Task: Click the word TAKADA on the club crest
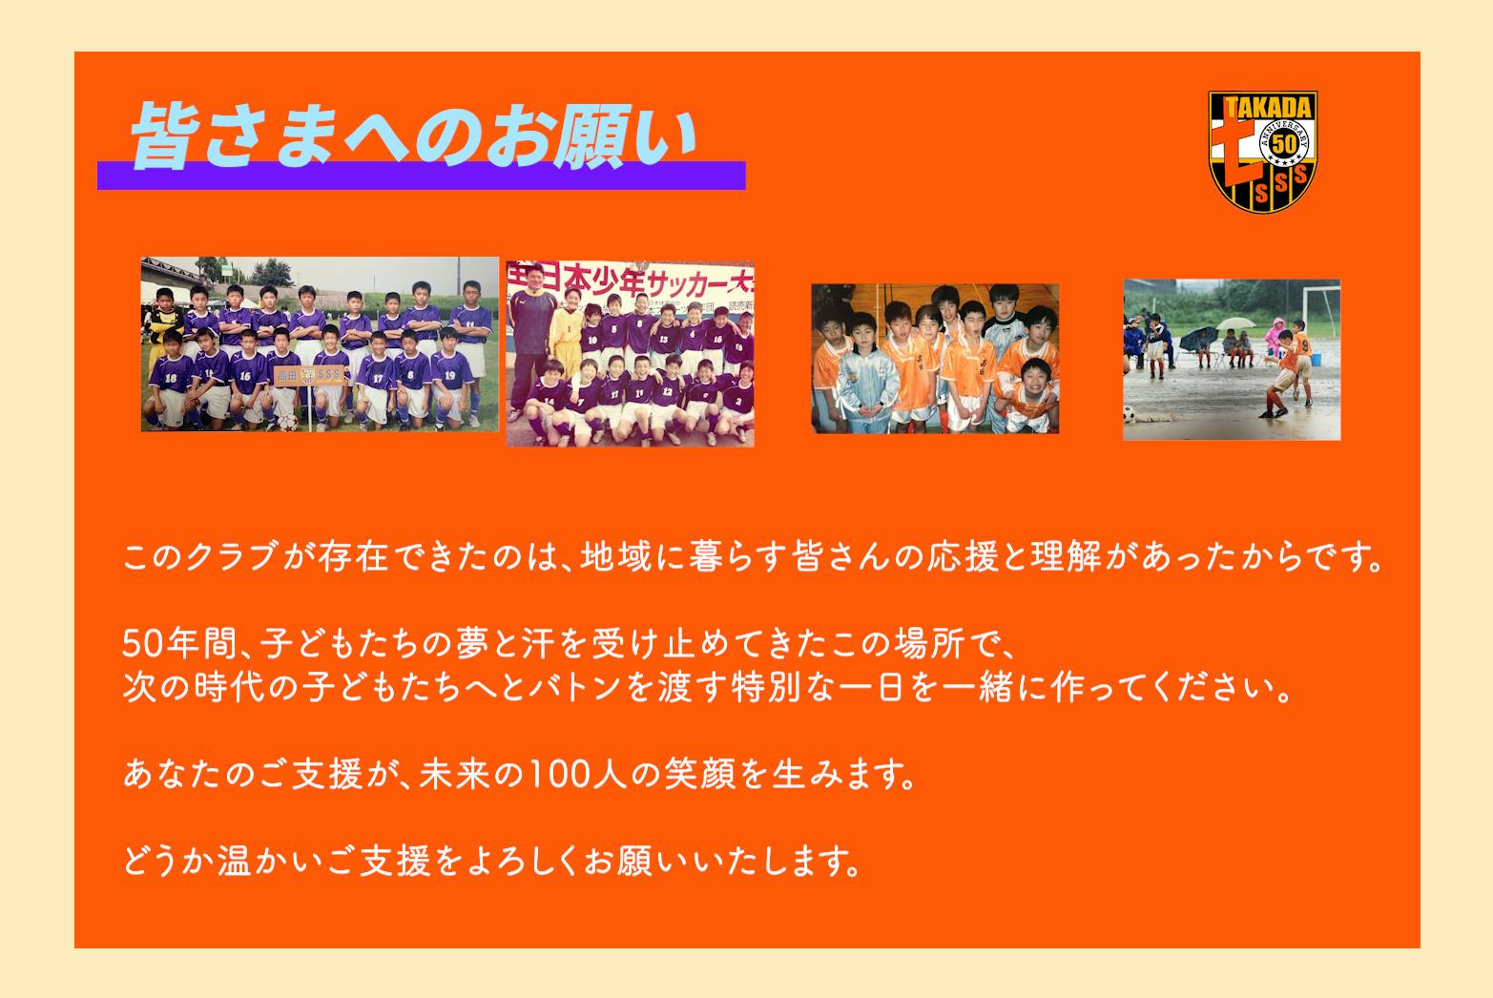coord(1269,108)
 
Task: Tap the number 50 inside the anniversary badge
coord(1284,144)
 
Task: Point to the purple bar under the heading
coord(422,176)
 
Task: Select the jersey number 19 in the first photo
coord(450,375)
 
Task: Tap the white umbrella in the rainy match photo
coord(1236,323)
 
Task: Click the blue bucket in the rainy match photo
coord(1316,360)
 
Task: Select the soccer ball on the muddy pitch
coord(1129,414)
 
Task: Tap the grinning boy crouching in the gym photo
coord(1032,394)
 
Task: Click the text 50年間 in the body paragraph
coord(180,645)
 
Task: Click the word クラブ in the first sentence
coord(230,557)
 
